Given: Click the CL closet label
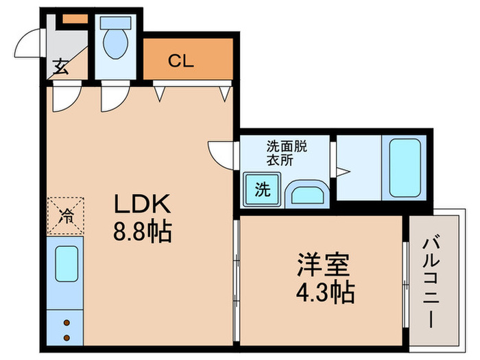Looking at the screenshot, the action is click(x=181, y=61).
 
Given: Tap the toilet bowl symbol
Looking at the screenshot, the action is click(x=115, y=43).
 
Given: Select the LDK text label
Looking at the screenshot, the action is click(x=142, y=204).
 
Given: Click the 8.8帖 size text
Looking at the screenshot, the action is click(x=143, y=232).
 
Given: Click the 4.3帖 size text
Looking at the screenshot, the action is click(x=325, y=292).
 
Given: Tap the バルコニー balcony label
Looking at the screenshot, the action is click(x=431, y=280).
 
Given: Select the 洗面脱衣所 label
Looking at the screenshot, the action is click(x=287, y=153).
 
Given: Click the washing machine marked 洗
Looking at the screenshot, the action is click(x=262, y=189).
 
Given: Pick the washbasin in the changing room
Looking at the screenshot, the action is click(x=307, y=194).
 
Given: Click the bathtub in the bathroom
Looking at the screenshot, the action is click(x=405, y=168).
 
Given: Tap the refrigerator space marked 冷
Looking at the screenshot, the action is click(x=66, y=216).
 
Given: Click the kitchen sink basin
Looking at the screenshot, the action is click(x=67, y=263).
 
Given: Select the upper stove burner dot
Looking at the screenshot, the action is click(x=67, y=323).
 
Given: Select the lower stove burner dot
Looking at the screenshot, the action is click(x=67, y=338).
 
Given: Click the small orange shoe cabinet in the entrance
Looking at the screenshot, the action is click(x=75, y=19).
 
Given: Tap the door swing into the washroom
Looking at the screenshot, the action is click(x=221, y=154).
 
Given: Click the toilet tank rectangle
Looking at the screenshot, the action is click(x=115, y=23).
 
